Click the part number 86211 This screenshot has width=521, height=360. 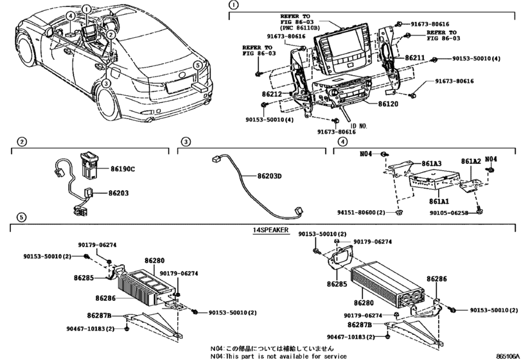click(415, 59)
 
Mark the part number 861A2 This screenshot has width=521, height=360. click(471, 163)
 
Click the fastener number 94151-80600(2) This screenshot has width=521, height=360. click(361, 212)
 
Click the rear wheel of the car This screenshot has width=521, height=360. click(110, 103)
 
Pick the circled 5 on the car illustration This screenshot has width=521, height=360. click(199, 65)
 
